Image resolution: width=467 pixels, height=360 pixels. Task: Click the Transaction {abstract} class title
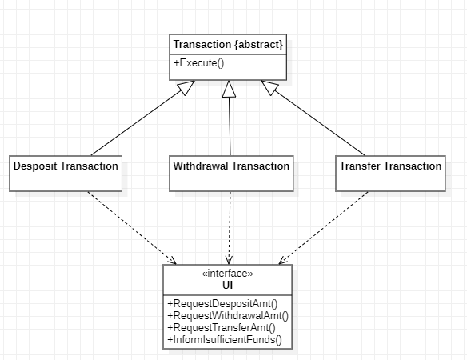228,45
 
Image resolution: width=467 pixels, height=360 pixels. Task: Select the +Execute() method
198,63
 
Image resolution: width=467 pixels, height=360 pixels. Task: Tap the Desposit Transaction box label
66,166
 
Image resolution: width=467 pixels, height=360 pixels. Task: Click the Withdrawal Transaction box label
231,166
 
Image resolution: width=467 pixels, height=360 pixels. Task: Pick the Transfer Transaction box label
390,166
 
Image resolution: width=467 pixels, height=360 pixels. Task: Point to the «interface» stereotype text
228,274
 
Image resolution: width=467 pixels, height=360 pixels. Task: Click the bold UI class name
228,285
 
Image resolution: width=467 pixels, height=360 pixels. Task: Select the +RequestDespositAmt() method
222,304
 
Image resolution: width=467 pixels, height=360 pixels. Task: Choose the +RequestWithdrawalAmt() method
228,315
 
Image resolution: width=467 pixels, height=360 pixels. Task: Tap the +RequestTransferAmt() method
222,327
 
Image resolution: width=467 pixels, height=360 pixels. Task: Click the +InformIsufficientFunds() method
225,340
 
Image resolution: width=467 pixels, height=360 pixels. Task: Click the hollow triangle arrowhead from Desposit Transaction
186,87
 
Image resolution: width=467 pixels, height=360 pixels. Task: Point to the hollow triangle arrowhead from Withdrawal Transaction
229,89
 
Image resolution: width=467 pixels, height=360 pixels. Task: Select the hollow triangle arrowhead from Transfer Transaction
269,87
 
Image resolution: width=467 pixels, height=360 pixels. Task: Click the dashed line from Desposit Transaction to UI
132,228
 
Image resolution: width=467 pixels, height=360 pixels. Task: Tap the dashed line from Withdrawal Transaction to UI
230,228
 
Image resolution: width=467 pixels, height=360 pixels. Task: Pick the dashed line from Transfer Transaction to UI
324,228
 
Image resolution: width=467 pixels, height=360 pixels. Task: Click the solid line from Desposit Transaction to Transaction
138,122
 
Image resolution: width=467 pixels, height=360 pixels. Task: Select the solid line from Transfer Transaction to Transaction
317,122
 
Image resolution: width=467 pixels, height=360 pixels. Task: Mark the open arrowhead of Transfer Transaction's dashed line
283,261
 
